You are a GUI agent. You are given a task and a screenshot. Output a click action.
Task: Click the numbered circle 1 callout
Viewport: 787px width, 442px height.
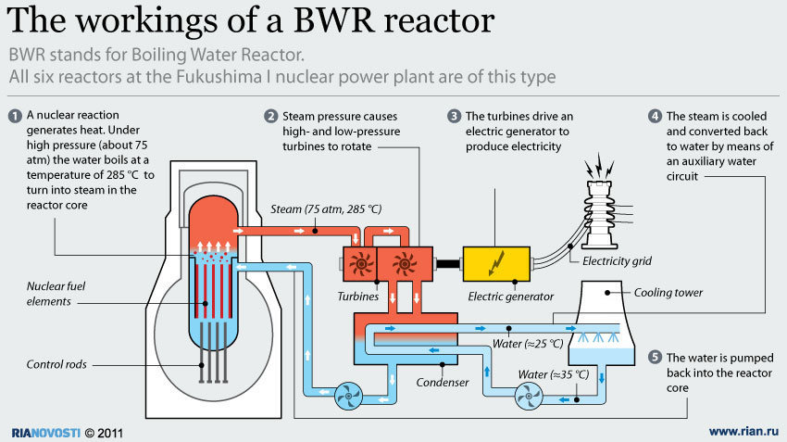pyautogui.click(x=15, y=116)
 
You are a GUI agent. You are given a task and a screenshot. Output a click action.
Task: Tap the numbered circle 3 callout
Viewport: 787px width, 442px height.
pyautogui.click(x=454, y=116)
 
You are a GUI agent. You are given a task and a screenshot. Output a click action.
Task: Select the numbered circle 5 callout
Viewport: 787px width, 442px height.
pyautogui.click(x=656, y=358)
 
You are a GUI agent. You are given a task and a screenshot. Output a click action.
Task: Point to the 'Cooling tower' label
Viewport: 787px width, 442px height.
pyautogui.click(x=668, y=293)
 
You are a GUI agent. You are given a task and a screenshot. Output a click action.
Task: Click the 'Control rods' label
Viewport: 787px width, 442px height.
pyautogui.click(x=56, y=365)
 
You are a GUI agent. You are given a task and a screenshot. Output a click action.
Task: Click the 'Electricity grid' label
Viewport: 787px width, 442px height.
pyautogui.click(x=617, y=261)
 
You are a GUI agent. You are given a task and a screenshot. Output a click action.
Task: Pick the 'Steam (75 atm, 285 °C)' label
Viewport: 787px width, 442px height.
pyautogui.click(x=316, y=208)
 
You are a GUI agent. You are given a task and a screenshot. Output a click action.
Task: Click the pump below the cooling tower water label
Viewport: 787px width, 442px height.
pyautogui.click(x=531, y=398)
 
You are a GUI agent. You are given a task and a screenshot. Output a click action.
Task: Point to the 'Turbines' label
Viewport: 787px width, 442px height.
pyautogui.click(x=360, y=297)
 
